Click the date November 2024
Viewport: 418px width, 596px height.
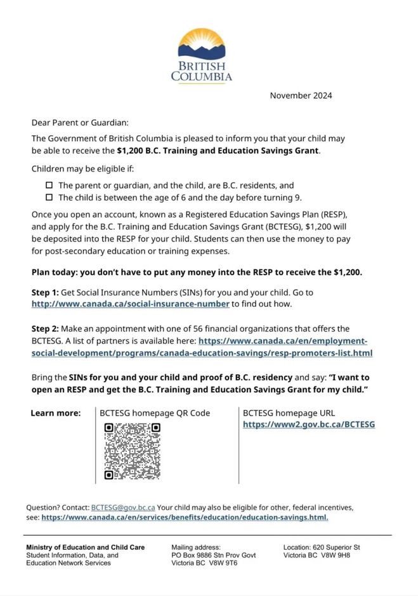coord(301,96)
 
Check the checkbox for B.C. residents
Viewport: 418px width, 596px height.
coord(49,186)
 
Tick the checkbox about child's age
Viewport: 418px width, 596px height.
coord(49,198)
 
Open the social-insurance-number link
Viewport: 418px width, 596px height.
coord(130,304)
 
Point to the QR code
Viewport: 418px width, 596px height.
coord(132,451)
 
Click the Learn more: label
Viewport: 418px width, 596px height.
coord(56,413)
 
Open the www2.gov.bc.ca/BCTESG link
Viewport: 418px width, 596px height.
coord(309,424)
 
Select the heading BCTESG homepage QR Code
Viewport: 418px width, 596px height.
coord(155,413)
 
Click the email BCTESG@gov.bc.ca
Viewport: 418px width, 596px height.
coord(123,508)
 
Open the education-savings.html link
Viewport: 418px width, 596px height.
coord(185,518)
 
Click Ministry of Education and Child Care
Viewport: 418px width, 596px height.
coord(85,547)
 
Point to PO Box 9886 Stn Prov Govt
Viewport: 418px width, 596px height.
coord(214,555)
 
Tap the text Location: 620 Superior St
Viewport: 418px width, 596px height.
coord(322,547)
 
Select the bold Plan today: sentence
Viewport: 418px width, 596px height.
coord(197,272)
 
